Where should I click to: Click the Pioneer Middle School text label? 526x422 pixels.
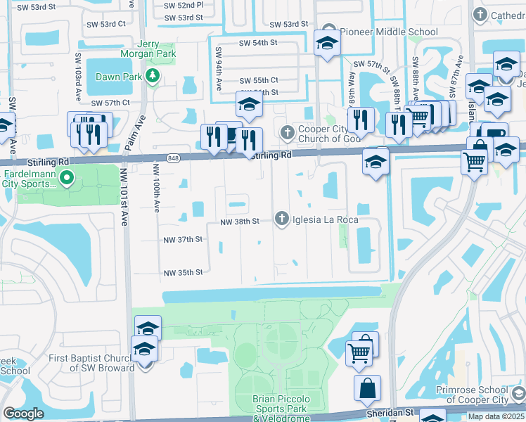pos(389,32)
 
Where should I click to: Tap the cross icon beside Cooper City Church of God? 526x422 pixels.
pos(287,132)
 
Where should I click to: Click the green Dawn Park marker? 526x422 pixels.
pos(152,76)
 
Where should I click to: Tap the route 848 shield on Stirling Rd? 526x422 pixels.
pos(173,156)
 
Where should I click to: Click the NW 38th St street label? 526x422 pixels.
pos(239,221)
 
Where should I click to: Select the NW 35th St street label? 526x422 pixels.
pos(183,272)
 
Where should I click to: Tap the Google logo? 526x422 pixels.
pos(23,413)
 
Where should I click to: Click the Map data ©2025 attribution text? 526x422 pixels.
pos(496,416)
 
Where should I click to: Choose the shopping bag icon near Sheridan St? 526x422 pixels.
pos(368,388)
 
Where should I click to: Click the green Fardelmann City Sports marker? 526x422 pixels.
pos(67,178)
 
